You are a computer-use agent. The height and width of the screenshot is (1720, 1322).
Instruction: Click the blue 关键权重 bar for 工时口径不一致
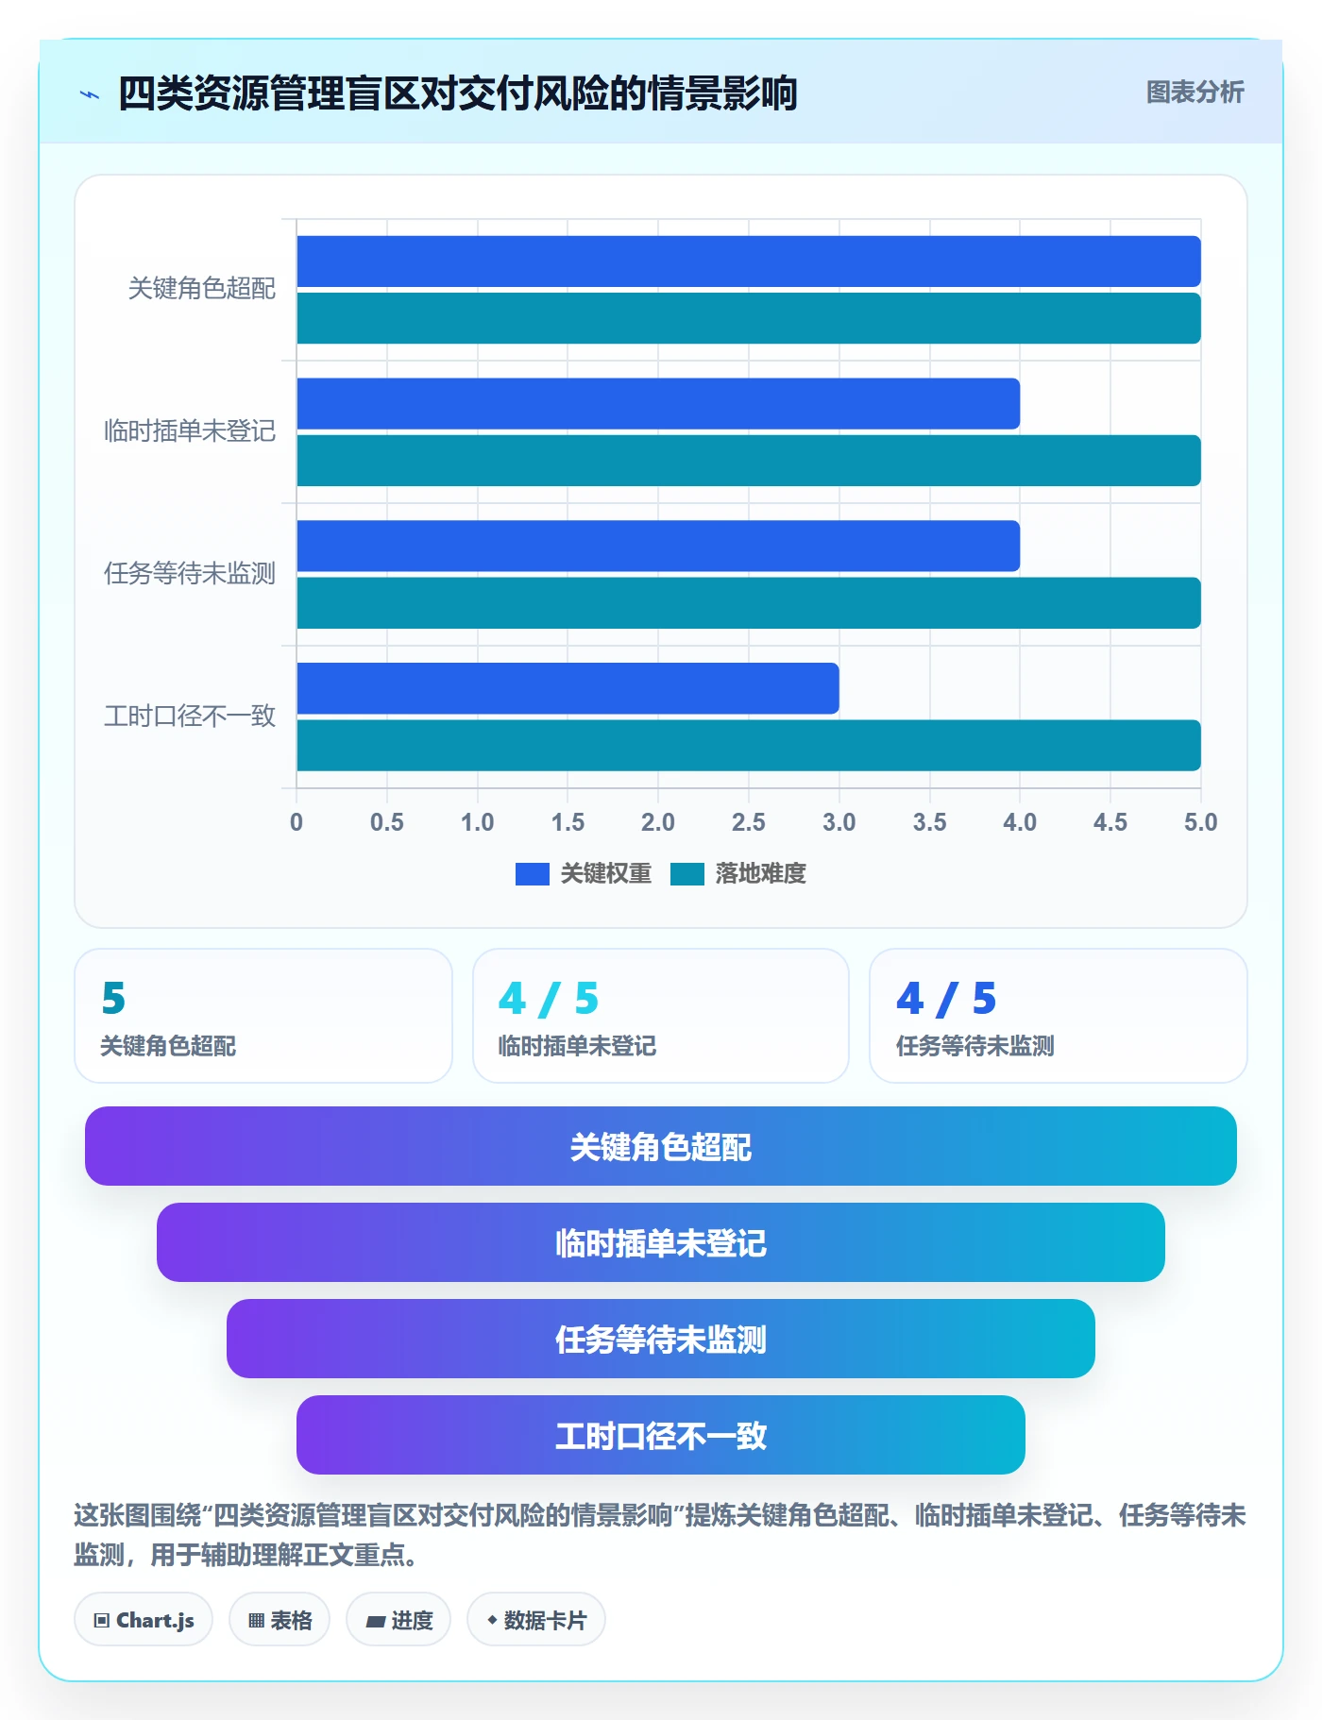pyautogui.click(x=568, y=688)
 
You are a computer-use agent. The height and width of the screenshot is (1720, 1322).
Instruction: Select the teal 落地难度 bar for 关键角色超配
pyautogui.click(x=749, y=318)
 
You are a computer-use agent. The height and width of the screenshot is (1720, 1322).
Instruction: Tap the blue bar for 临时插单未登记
pyautogui.click(x=658, y=403)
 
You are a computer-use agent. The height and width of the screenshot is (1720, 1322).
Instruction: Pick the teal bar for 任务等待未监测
pyautogui.click(x=749, y=602)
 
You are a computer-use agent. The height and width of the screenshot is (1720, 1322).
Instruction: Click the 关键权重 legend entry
pyautogui.click(x=584, y=874)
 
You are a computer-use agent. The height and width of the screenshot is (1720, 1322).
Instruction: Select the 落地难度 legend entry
pyautogui.click(x=738, y=874)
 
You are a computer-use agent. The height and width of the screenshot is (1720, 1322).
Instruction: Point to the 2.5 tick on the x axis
pyautogui.click(x=749, y=822)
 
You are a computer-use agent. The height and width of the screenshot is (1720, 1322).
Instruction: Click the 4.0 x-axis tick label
pyautogui.click(x=1020, y=822)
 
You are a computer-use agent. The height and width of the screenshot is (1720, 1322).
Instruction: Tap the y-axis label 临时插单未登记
pyautogui.click(x=190, y=431)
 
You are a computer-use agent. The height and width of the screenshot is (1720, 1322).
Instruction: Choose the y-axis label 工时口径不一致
pyautogui.click(x=190, y=717)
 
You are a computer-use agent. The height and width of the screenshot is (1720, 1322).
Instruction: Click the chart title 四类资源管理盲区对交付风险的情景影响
pyautogui.click(x=458, y=93)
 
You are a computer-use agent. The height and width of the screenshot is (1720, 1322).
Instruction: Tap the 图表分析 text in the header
pyautogui.click(x=1195, y=93)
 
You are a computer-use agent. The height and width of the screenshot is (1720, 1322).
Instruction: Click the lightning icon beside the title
pyautogui.click(x=90, y=94)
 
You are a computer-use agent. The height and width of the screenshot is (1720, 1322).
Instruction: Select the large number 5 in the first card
pyautogui.click(x=113, y=999)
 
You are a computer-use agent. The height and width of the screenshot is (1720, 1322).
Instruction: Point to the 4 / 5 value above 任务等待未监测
pyautogui.click(x=946, y=999)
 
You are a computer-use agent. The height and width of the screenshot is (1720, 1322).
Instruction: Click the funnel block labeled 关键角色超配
pyautogui.click(x=661, y=1146)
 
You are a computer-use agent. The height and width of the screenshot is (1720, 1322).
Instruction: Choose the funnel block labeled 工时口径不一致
pyautogui.click(x=661, y=1435)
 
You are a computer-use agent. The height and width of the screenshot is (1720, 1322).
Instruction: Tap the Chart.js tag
pyautogui.click(x=144, y=1620)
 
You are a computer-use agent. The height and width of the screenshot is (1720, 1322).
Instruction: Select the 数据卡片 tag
pyautogui.click(x=536, y=1620)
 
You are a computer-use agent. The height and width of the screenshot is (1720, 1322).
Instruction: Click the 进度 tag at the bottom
pyautogui.click(x=398, y=1620)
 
